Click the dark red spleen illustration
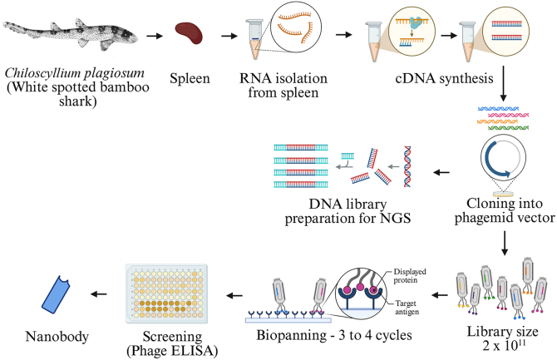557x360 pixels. pyautogui.click(x=189, y=33)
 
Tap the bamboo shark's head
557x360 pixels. pyautogui.click(x=126, y=34)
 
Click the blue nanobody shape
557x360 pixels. pyautogui.click(x=57, y=294)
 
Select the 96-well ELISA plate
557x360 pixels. pyautogui.click(x=166, y=293)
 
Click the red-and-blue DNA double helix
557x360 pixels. pyautogui.click(x=407, y=166)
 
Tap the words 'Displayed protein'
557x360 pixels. pyautogui.click(x=409, y=276)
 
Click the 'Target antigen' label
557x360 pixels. pyautogui.click(x=407, y=308)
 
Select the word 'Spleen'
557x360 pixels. pyautogui.click(x=190, y=78)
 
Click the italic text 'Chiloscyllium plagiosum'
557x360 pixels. pyautogui.click(x=75, y=73)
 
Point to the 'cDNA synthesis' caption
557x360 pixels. pyautogui.click(x=444, y=78)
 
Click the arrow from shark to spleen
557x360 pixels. pyautogui.click(x=155, y=36)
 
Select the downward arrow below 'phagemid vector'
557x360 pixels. pyautogui.click(x=504, y=243)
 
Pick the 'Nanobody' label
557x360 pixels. pyautogui.click(x=57, y=337)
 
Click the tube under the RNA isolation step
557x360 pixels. pyautogui.click(x=254, y=39)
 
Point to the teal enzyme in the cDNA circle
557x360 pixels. pyautogui.click(x=416, y=22)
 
